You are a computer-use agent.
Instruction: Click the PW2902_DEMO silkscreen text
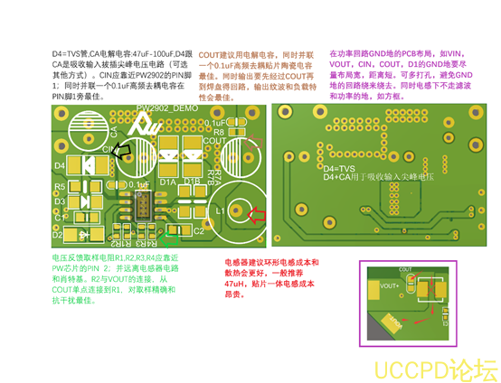click(166, 107)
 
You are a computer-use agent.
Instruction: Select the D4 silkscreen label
click(60, 167)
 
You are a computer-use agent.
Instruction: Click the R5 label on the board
click(61, 187)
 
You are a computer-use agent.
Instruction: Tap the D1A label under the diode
click(168, 182)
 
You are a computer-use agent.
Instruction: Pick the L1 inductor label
click(220, 210)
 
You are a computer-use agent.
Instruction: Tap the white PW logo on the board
click(151, 126)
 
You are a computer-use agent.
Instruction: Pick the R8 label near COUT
click(219, 132)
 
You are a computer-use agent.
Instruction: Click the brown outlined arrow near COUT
click(248, 145)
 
